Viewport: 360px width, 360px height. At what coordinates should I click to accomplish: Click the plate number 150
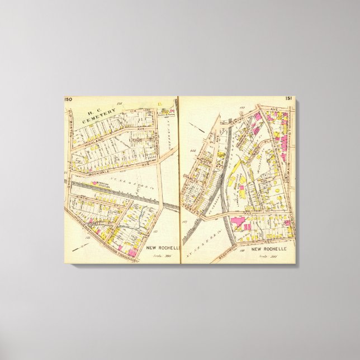pyautogui.click(x=68, y=100)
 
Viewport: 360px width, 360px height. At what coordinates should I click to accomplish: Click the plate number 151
pyautogui.click(x=289, y=99)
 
